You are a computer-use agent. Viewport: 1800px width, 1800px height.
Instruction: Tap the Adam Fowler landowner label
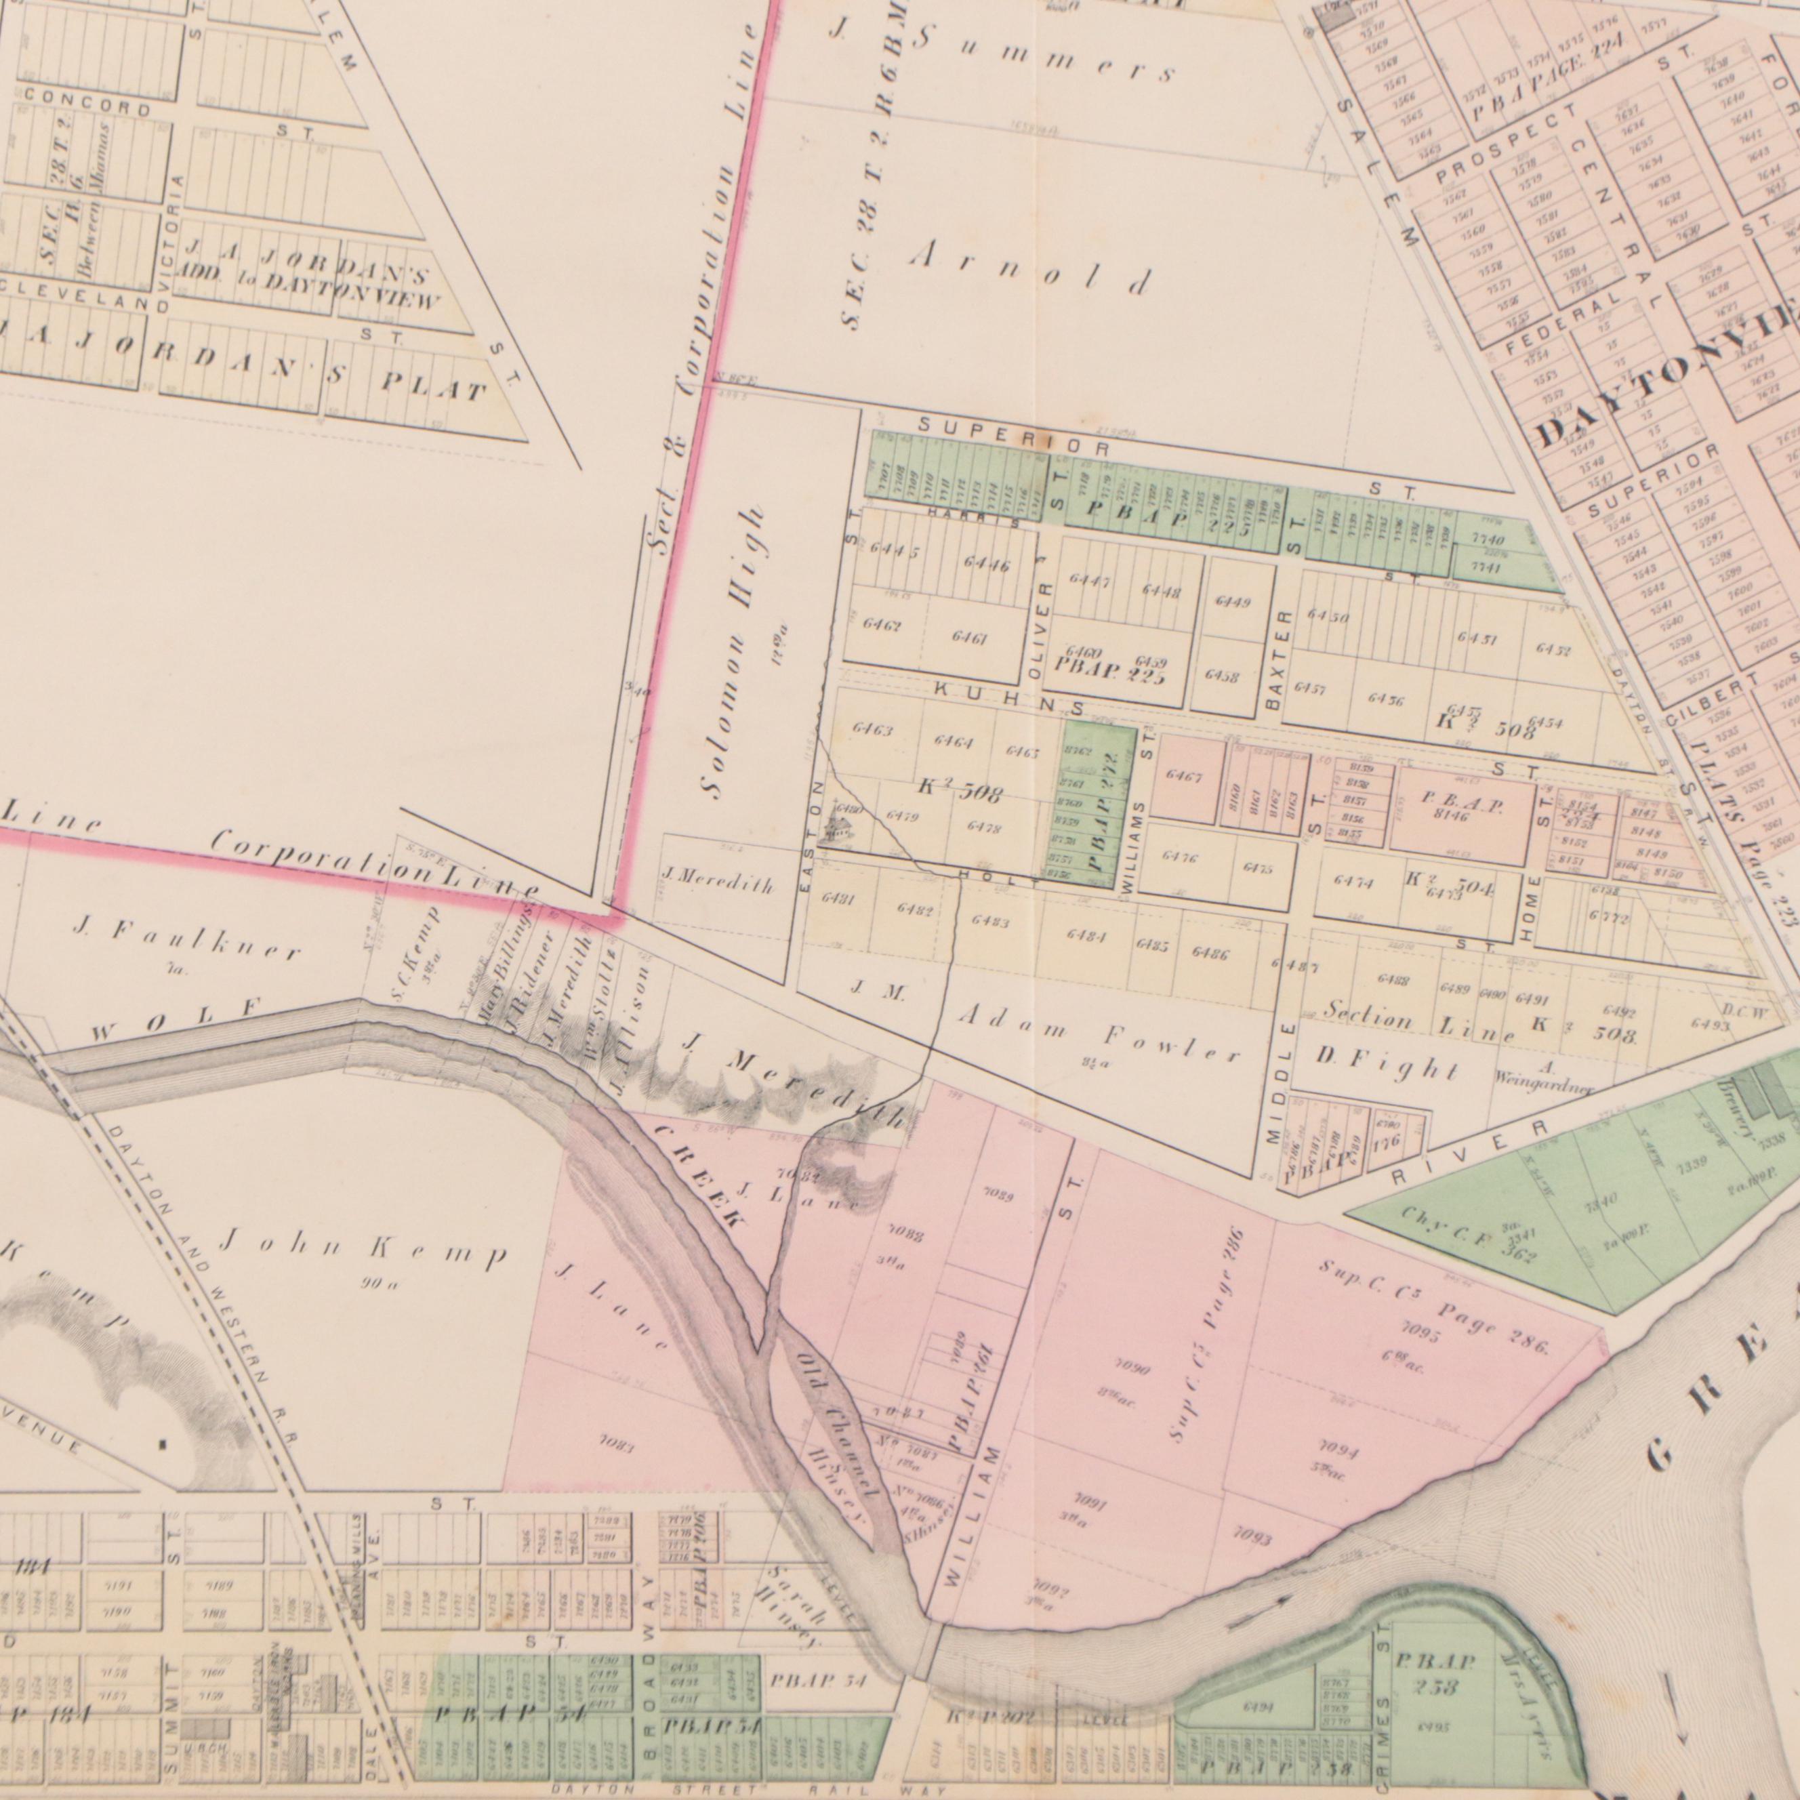pos(1099,1035)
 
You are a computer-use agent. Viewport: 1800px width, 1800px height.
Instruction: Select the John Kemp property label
pos(363,1248)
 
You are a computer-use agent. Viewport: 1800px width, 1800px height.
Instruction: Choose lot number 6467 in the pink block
pos(1184,775)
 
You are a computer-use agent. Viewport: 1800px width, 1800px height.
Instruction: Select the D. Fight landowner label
pos(1387,1064)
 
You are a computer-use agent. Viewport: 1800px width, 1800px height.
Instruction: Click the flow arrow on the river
pos(1258,1599)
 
